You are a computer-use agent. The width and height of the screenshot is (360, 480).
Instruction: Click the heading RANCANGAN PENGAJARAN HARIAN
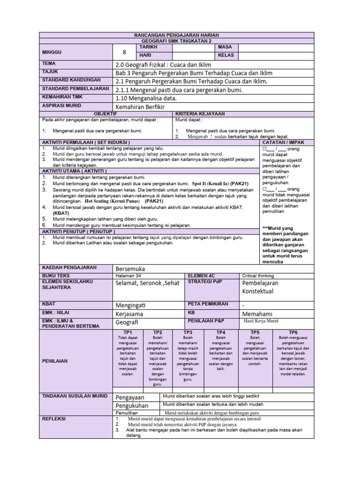coord(176,36)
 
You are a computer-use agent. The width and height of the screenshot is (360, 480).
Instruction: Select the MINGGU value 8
coord(124,52)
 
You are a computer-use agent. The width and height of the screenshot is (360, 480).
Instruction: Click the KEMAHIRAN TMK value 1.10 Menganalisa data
coord(146,98)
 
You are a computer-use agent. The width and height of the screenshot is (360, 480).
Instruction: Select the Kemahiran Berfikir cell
coord(141,107)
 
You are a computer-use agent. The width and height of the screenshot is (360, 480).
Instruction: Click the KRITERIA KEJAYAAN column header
coord(200,114)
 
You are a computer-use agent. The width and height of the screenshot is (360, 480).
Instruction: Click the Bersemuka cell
coord(130,269)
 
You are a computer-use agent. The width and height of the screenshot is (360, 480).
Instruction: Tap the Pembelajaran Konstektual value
coord(260,287)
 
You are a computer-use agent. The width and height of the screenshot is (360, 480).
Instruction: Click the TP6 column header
coord(293,332)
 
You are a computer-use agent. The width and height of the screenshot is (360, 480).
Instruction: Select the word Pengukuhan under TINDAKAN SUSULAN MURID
coord(132,405)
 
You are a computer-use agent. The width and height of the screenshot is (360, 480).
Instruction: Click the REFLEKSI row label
coord(54,418)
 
